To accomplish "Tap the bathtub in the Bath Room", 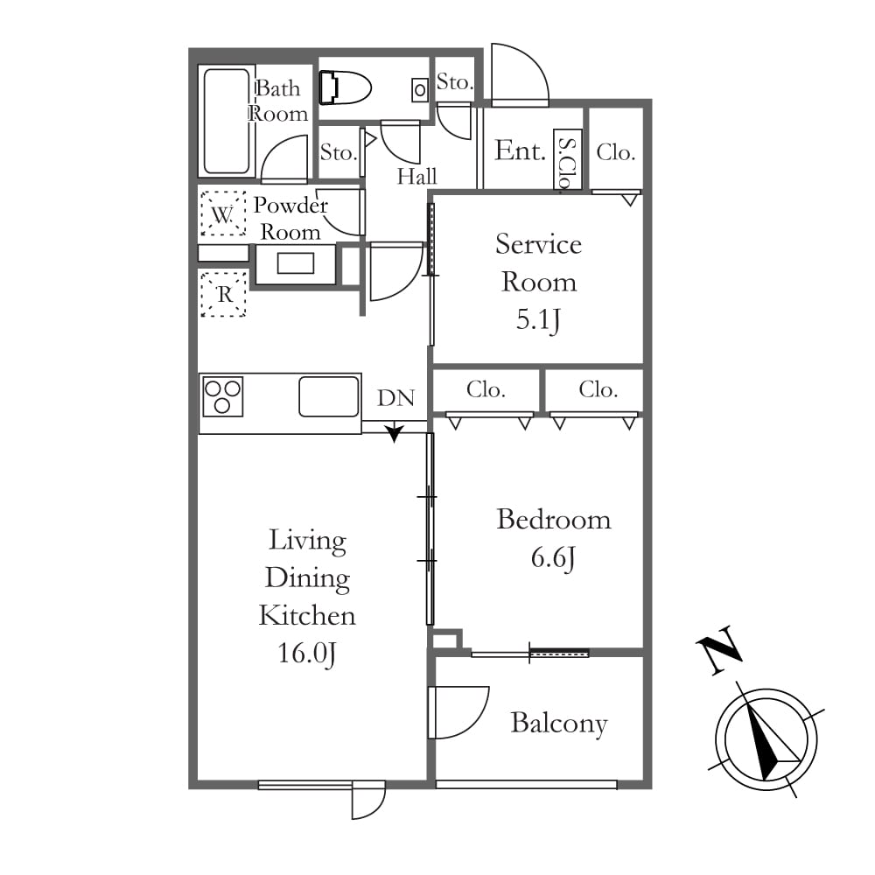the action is point(227,122).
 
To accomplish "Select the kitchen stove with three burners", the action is point(222,396).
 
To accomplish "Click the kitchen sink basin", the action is point(329,396).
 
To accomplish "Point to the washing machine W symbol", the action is point(223,213).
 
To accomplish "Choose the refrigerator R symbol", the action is point(223,294).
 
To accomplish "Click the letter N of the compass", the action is point(719,649).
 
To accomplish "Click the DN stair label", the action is point(396,398).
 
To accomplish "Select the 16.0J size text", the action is point(307,653).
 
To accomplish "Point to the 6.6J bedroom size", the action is point(553,557).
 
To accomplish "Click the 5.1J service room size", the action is point(538,319).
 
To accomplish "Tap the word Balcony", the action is point(559,724).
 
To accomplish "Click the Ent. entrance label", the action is point(520,150).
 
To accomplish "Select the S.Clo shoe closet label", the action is point(567,163).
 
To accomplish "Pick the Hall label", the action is point(416,177).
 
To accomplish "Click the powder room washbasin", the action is point(295,262).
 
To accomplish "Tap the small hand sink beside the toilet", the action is point(420,89).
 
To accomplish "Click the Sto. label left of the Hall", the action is point(338,152).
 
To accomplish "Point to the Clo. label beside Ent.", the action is point(616,151).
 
